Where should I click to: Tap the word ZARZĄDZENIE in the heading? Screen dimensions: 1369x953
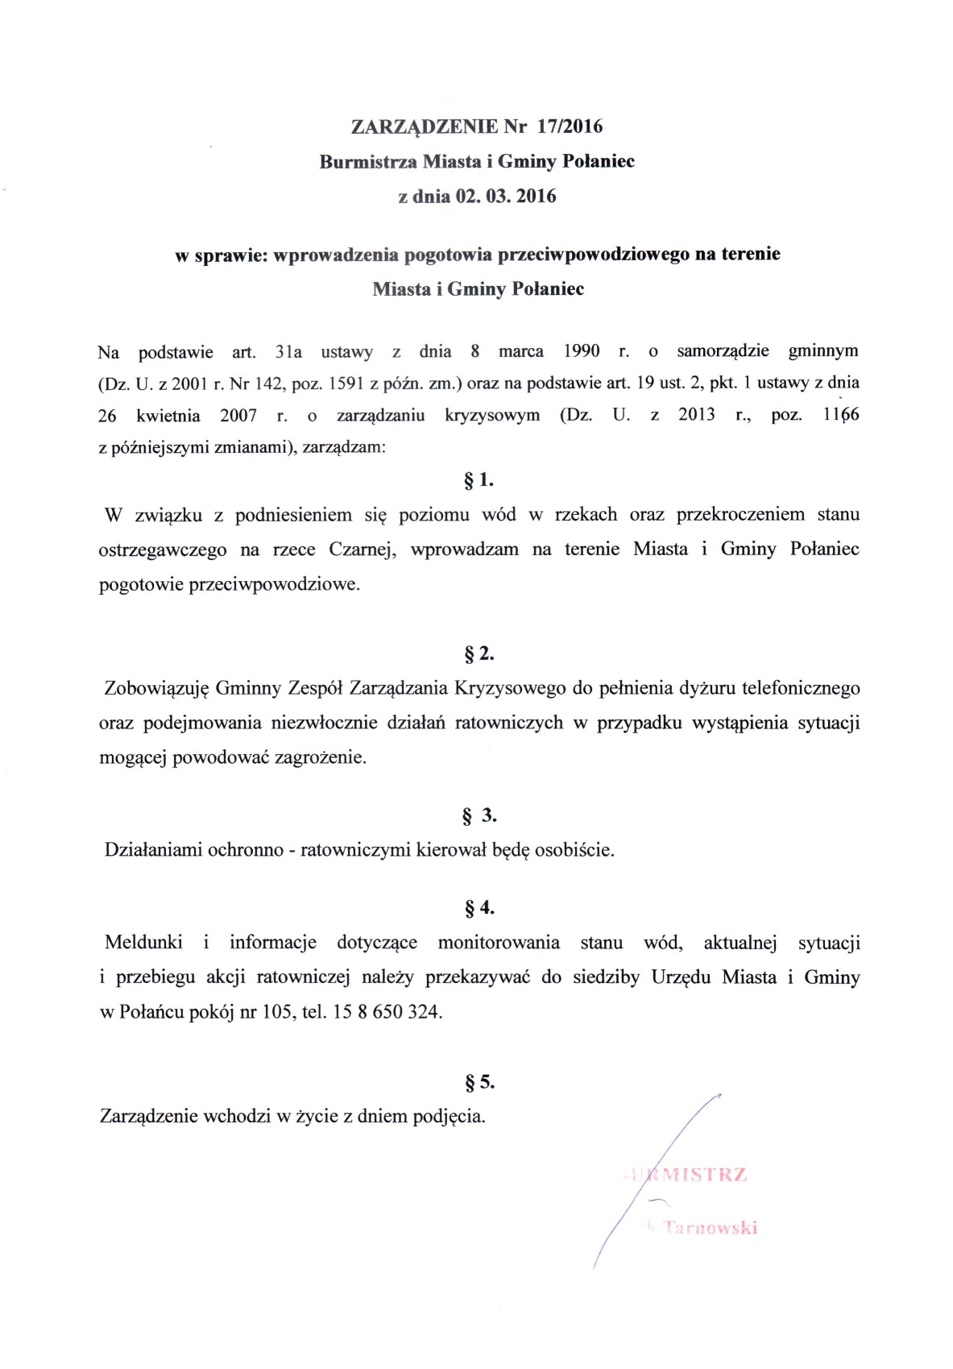tap(425, 127)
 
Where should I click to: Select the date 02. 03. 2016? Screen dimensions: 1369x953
tap(506, 197)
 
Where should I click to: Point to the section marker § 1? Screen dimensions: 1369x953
tap(479, 481)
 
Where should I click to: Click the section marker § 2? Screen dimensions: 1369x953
tap(479, 654)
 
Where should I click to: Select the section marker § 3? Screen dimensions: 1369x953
tap(479, 815)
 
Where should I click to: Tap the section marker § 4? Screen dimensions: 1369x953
tap(479, 908)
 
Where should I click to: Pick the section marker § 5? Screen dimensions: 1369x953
tap(479, 1082)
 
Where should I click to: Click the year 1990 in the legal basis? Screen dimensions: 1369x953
tap(581, 351)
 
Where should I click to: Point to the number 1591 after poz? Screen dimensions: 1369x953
tap(347, 384)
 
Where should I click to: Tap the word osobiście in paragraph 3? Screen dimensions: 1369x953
tap(574, 850)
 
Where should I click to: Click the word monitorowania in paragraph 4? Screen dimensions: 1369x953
tap(499, 943)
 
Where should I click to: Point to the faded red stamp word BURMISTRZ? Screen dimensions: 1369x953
tap(689, 1175)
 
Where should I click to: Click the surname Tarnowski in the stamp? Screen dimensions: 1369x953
tap(709, 1228)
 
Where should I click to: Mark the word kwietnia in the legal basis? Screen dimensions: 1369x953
tap(168, 416)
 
